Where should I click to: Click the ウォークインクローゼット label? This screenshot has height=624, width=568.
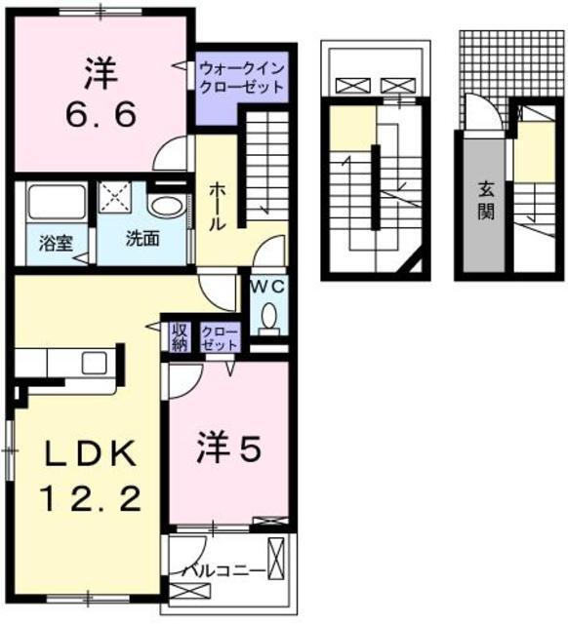tap(241, 77)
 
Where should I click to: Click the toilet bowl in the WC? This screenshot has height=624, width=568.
tap(269, 315)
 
